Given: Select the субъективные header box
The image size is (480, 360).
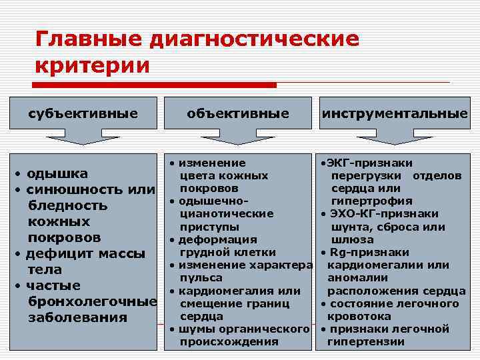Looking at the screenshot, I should (83, 114).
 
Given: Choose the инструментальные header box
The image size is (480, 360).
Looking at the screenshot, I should (394, 114).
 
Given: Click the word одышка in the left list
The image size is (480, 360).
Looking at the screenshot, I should (57, 174).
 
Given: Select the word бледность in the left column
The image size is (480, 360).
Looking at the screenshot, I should (67, 206).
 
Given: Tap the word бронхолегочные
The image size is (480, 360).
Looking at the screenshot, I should (92, 302).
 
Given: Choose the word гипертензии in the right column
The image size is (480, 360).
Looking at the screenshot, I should (366, 342).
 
